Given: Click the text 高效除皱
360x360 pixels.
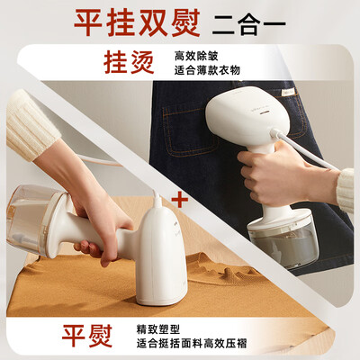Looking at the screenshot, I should (195, 56).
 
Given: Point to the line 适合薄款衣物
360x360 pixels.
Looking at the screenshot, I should (210, 73).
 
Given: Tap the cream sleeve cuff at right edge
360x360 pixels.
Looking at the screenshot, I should (346, 188).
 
